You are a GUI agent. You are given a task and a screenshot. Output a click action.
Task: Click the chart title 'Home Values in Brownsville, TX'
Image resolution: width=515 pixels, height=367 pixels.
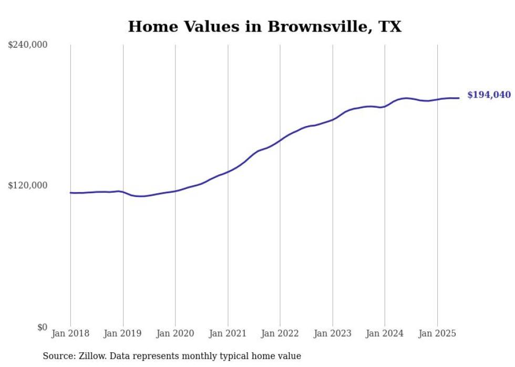264,27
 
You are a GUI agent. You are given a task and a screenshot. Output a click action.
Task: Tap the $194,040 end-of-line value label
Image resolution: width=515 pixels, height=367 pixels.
489,95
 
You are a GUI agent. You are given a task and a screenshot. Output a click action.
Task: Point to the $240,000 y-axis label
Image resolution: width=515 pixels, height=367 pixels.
28,45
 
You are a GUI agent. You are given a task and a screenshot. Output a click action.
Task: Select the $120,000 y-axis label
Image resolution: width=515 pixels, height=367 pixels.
28,185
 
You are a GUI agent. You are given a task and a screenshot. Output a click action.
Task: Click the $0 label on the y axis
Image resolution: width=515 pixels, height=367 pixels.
42,327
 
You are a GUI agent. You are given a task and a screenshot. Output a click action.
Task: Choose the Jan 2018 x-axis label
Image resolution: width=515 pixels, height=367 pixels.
70,333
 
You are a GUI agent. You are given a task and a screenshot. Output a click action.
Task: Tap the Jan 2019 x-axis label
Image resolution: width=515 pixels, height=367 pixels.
123,333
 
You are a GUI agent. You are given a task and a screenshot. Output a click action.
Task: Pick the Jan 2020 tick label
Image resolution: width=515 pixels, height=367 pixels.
176,333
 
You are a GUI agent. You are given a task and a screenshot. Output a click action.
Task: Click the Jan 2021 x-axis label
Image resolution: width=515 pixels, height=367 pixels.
228,333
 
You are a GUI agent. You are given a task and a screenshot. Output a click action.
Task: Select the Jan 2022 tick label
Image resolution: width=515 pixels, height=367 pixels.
280,333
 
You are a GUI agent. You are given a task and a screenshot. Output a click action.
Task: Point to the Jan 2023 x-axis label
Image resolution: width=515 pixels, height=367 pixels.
333,333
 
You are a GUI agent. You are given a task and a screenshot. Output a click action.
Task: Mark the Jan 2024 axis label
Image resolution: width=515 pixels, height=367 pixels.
385,333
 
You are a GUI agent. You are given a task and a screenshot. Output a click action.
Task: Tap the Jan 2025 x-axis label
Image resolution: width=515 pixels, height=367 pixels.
437,333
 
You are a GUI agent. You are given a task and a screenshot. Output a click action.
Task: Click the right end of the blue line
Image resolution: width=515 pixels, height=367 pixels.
459,98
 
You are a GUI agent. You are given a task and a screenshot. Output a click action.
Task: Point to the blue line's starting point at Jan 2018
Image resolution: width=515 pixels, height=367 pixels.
71,193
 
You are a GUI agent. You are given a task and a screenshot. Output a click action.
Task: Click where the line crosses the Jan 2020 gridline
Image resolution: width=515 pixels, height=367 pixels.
176,191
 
